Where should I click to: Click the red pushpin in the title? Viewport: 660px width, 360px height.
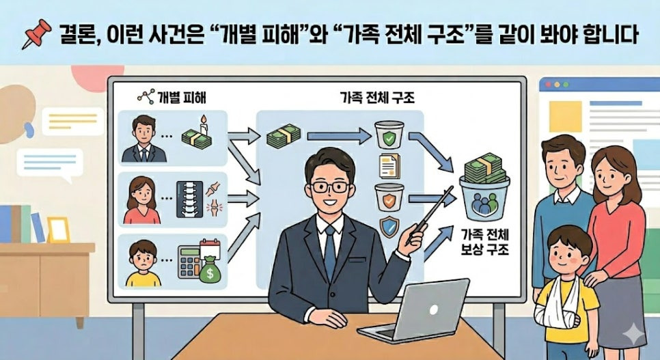37,33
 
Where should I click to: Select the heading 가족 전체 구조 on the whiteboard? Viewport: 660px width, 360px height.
376,97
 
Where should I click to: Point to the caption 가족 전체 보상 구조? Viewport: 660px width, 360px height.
485,242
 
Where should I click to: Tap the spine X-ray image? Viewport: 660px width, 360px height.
190,199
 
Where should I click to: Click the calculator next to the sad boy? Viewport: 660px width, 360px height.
189,262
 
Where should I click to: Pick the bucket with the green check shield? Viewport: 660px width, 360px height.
389,135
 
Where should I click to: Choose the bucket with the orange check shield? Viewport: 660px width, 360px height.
389,197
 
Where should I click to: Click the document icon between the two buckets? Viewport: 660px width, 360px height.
389,166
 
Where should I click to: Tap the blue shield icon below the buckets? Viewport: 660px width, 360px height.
389,227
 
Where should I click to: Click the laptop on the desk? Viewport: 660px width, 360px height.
414,311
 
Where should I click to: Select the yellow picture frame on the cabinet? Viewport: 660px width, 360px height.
59,230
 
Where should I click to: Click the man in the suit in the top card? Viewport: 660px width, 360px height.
144,139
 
